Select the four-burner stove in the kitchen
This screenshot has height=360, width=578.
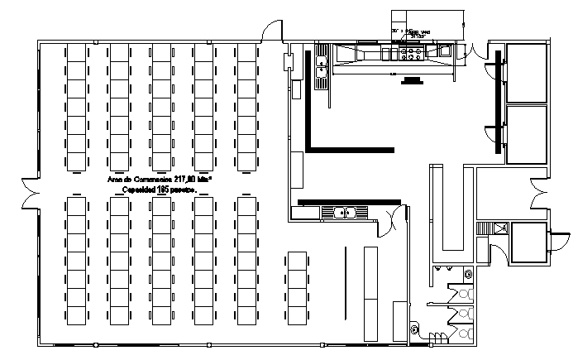click(411, 54)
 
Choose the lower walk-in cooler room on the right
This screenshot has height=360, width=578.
click(526, 133)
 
